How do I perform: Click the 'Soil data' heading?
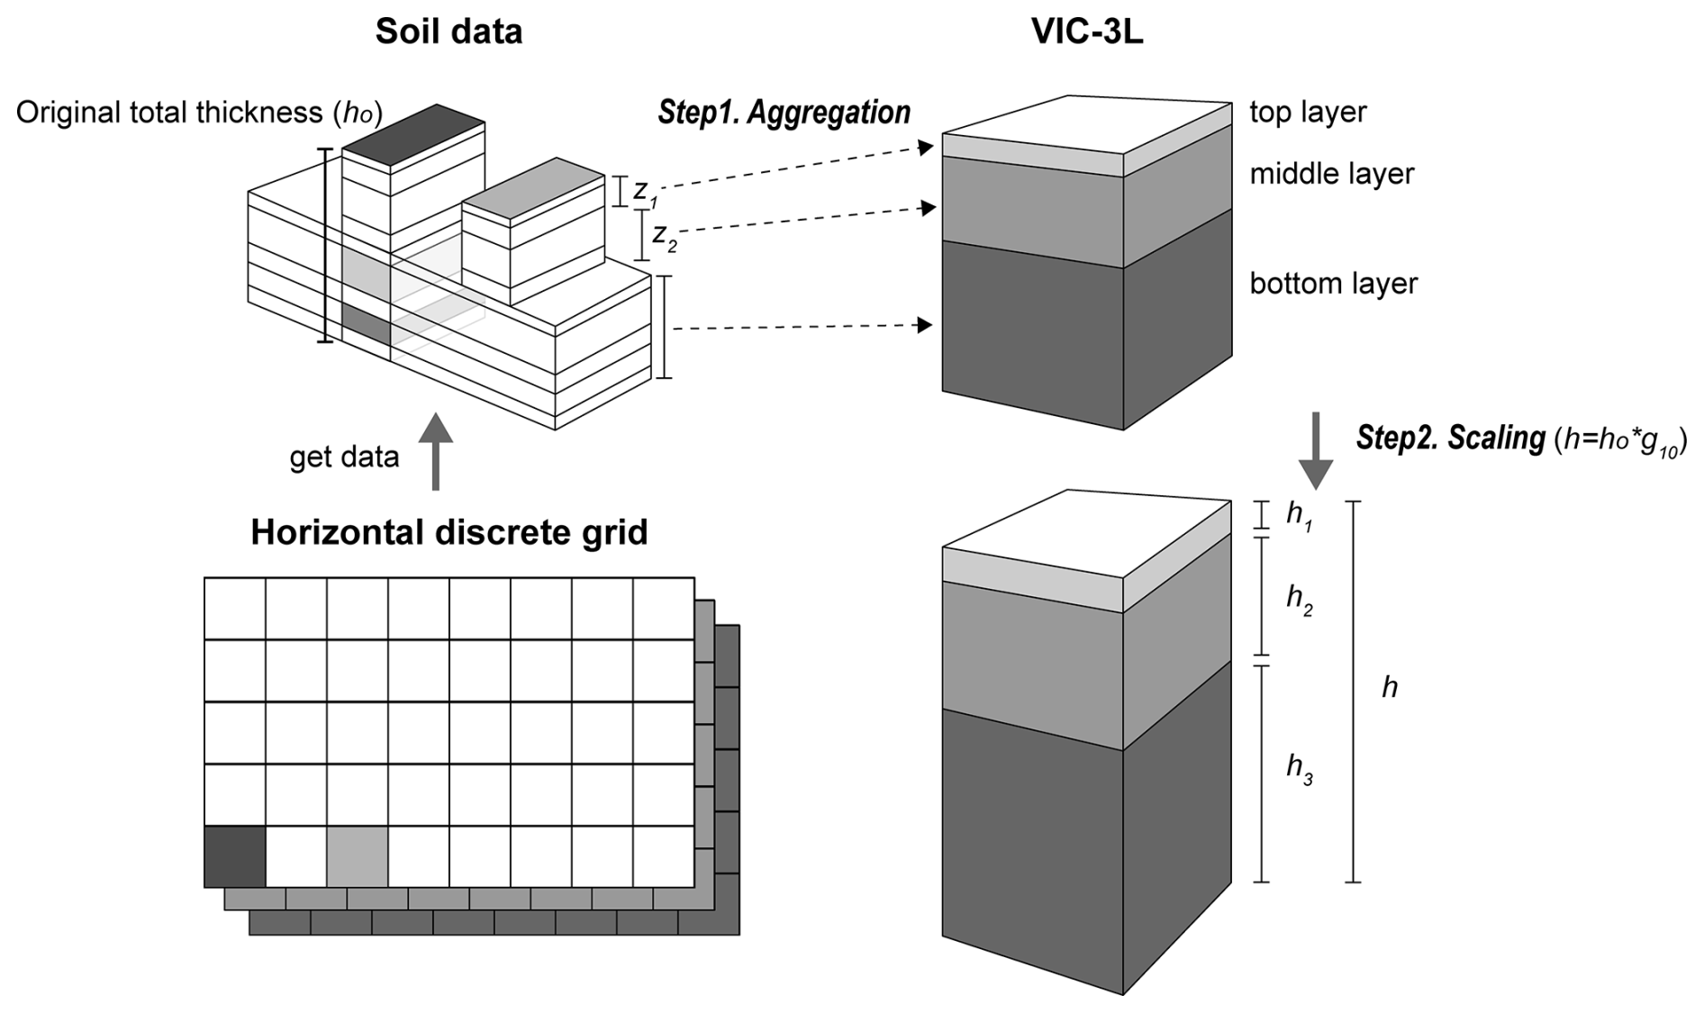tap(449, 32)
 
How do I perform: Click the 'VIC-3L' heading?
tap(1087, 32)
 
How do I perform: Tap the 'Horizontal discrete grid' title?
tap(449, 532)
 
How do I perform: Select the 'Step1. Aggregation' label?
tap(784, 113)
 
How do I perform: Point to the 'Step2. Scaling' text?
tap(1450, 438)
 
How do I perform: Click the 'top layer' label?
tap(1307, 112)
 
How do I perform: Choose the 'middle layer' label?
tap(1331, 174)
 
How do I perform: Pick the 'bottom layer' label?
tap(1333, 284)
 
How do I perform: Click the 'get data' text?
tap(344, 457)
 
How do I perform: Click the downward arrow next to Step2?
tap(1315, 450)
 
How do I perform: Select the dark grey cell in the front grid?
tap(235, 856)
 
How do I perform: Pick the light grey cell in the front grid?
tap(358, 856)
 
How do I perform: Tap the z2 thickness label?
tap(664, 237)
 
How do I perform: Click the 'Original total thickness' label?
tap(199, 113)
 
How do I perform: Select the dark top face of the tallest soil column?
tap(413, 134)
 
